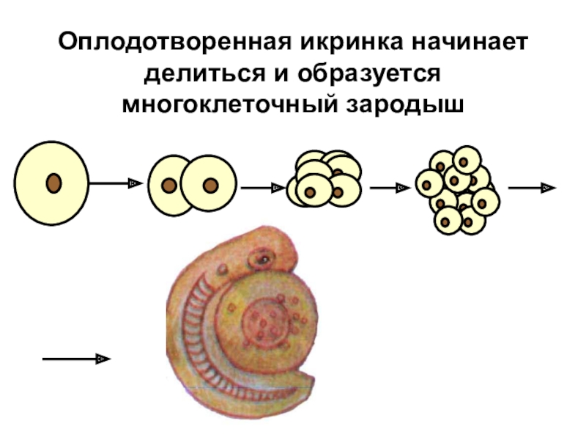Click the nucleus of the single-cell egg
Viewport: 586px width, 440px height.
click(x=53, y=183)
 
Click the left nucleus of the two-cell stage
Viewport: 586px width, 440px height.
click(x=168, y=186)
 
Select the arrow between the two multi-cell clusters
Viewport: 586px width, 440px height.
click(x=389, y=188)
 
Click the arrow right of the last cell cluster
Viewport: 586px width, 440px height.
click(x=532, y=188)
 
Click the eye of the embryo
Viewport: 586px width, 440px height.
click(x=260, y=259)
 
